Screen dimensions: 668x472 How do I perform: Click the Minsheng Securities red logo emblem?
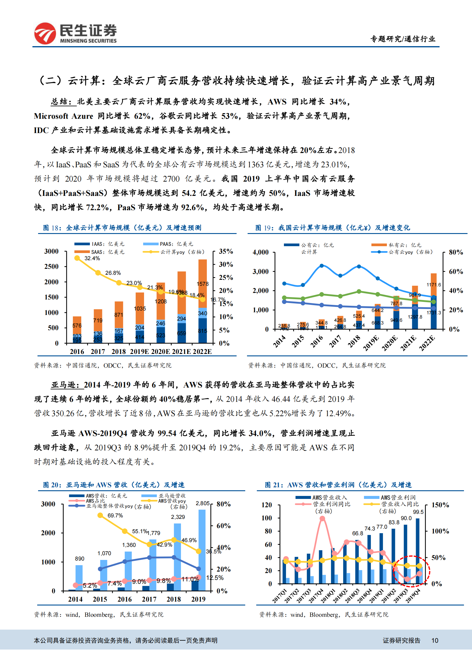[45, 33]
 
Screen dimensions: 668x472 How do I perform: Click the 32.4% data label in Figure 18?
[92, 258]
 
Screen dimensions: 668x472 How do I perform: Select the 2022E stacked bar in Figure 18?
[202, 301]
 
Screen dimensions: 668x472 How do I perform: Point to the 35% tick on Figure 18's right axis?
[226, 251]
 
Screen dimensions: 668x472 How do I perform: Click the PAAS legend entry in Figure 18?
[168, 244]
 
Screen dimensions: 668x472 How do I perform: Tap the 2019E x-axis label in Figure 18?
[139, 352]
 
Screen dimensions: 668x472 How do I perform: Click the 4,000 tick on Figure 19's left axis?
[260, 252]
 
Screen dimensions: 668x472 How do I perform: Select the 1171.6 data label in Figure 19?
[434, 285]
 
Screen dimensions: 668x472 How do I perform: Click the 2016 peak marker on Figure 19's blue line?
[321, 266]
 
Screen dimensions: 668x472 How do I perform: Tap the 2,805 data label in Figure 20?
[202, 503]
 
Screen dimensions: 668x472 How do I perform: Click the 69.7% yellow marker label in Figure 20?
[115, 516]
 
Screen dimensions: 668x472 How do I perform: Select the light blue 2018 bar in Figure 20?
[177, 557]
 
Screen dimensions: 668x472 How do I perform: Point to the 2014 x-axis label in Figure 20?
[75, 599]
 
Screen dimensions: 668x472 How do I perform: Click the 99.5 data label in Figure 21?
[418, 512]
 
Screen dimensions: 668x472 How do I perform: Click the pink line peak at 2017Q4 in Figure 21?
[322, 519]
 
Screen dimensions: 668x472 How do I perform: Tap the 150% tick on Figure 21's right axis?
[440, 505]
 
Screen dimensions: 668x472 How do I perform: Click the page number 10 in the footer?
[435, 640]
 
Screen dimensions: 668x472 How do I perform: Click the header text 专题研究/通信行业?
[402, 39]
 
